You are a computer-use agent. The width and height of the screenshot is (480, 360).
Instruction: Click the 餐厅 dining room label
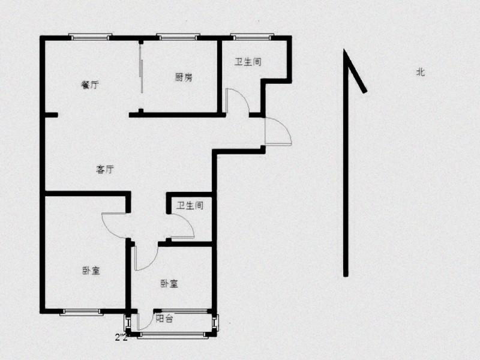tap(90, 85)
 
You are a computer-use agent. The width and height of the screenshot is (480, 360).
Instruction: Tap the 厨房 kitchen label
tap(184, 77)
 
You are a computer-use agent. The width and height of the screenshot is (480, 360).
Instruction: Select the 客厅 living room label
tap(105, 169)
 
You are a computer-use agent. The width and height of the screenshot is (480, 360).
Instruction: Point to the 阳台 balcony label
tap(164, 319)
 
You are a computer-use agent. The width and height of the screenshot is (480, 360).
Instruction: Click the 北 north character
tap(421, 72)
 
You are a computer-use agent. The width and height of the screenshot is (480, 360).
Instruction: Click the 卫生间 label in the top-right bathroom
tap(248, 62)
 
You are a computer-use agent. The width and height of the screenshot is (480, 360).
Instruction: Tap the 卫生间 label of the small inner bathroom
tap(190, 205)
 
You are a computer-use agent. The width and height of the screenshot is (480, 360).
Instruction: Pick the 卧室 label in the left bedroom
tap(91, 271)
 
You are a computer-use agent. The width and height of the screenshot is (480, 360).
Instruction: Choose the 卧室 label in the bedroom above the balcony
tap(169, 284)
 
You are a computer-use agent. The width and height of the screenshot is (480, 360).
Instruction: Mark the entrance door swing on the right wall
tap(278, 131)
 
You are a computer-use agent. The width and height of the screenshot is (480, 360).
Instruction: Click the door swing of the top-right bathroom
tap(238, 101)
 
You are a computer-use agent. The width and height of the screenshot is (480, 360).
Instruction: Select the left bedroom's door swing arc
tap(113, 226)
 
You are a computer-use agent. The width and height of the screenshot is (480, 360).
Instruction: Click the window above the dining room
tap(90, 37)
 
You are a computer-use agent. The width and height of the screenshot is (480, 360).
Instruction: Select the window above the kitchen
tap(178, 37)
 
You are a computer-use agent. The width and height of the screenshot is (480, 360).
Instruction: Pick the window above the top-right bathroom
tap(252, 37)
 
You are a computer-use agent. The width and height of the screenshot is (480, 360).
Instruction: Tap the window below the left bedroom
tap(81, 312)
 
